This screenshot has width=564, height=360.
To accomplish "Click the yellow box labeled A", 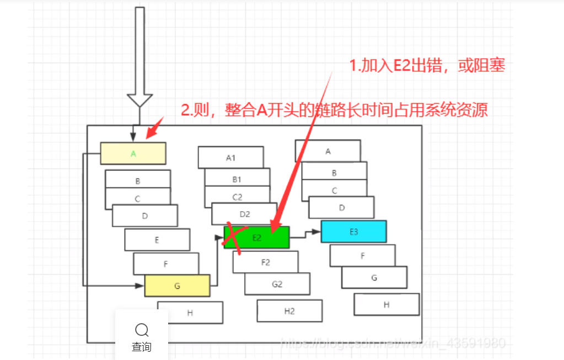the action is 133,153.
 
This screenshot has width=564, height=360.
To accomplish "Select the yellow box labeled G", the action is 177,286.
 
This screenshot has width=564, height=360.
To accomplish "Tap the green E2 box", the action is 257,238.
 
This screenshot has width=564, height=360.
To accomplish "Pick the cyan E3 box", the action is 353,232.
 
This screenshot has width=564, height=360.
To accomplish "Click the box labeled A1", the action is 230,157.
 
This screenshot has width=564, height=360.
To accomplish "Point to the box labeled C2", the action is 237,196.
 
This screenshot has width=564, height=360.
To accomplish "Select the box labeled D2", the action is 245,214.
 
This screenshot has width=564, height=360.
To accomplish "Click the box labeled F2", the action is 265,262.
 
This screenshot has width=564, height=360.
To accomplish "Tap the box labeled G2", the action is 277,284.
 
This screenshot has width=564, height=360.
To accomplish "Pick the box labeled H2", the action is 289,311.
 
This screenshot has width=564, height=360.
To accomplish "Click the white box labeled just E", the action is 157,240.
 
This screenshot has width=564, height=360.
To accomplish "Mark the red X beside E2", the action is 233,239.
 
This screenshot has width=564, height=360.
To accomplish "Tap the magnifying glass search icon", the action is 142,330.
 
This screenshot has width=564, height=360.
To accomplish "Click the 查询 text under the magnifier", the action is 142,347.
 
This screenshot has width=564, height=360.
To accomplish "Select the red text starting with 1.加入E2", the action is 427,66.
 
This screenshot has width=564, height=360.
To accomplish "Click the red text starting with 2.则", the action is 335,110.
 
